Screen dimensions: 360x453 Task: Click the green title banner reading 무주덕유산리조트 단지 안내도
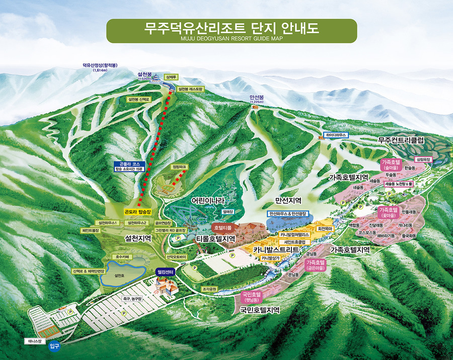coord(232,30)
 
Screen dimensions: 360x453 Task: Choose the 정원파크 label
coord(179,166)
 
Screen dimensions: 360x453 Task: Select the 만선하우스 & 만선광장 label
coord(288,214)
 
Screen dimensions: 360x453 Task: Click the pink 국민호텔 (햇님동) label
coord(252,297)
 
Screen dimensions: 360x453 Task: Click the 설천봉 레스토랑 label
coord(190,89)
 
